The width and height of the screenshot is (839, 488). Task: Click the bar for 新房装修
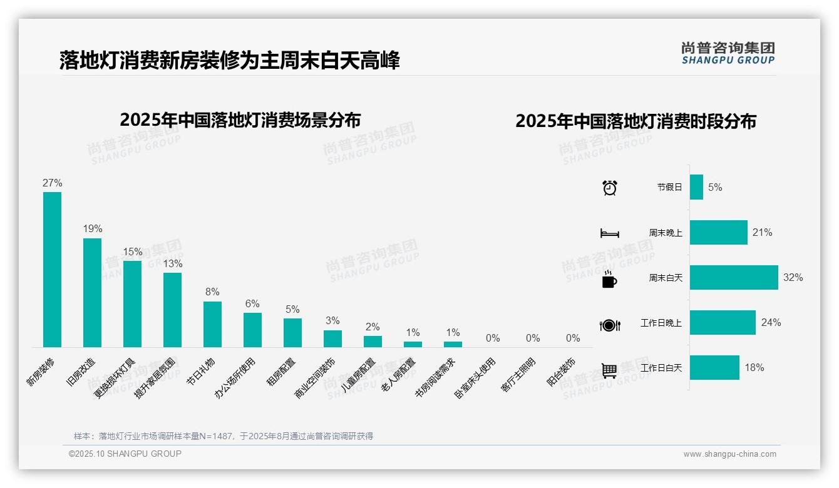click(x=52, y=269)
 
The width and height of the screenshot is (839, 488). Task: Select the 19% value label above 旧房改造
click(x=92, y=229)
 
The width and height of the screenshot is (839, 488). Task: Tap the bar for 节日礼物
click(x=212, y=324)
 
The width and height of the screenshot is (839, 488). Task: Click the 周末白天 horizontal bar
click(x=733, y=277)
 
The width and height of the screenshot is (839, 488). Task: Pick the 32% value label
click(x=793, y=278)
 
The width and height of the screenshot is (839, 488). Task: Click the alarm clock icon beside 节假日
click(x=610, y=188)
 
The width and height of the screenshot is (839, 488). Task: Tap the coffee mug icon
click(x=609, y=279)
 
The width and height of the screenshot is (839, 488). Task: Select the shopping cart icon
click(x=609, y=370)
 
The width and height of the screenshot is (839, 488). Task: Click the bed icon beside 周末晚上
click(x=609, y=233)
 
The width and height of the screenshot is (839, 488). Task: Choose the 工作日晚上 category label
click(x=661, y=323)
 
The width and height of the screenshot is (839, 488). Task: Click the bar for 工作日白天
click(x=714, y=368)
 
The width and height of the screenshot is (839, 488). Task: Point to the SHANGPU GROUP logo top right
click(x=728, y=53)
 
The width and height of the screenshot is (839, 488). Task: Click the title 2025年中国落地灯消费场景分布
click(x=240, y=119)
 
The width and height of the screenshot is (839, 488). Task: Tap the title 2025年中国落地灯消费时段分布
click(x=636, y=121)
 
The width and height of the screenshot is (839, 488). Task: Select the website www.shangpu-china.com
click(x=729, y=454)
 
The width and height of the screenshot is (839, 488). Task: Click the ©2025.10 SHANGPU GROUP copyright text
click(x=125, y=454)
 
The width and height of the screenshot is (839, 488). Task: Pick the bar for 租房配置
click(x=292, y=332)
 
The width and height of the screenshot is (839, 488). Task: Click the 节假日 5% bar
click(x=696, y=187)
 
